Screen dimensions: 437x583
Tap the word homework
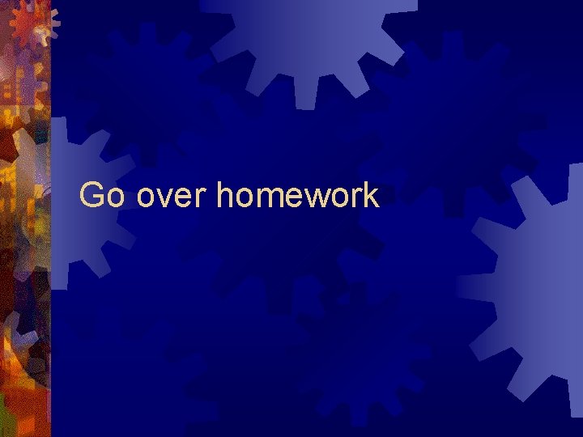point(298,196)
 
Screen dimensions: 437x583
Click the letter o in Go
point(116,198)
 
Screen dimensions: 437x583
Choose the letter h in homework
point(225,195)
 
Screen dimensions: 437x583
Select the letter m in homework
point(270,198)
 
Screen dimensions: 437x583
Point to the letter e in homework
point(295,198)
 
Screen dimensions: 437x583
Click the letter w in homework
point(317,198)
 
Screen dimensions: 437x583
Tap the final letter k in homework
point(371,195)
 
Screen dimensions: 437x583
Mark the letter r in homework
point(356,198)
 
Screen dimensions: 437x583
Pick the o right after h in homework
point(244,198)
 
